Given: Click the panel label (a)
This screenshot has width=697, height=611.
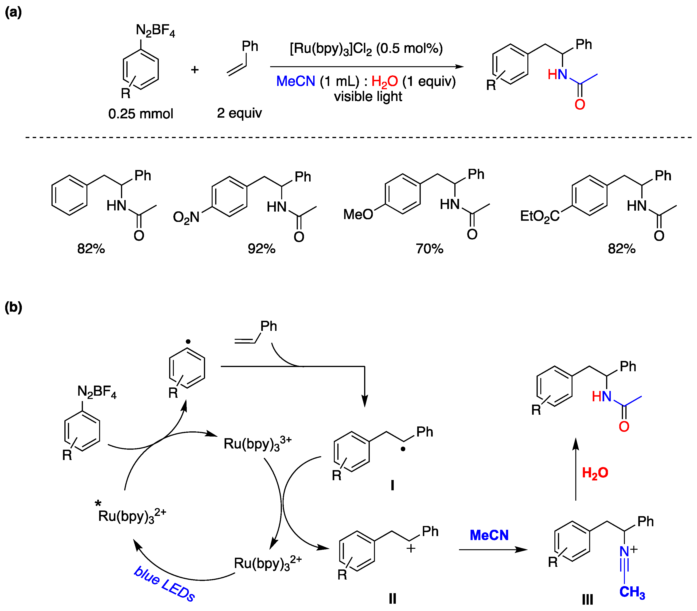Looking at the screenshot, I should (13, 13).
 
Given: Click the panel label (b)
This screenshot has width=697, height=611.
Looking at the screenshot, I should (13, 307).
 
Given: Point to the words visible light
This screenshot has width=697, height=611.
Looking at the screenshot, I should (368, 97).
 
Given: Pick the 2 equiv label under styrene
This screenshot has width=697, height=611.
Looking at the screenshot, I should (239, 113).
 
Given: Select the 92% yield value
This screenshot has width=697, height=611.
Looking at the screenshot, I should (261, 249).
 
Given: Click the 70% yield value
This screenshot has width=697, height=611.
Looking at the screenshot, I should (429, 249).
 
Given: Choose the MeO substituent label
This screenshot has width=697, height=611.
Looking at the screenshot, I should (358, 215).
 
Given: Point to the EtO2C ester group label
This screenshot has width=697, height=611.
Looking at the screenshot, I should (539, 216).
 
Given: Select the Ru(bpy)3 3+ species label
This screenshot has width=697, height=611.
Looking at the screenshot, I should (257, 444).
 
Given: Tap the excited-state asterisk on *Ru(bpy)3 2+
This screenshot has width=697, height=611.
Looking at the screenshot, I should (98, 503).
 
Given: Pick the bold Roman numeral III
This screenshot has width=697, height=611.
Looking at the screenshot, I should (588, 599).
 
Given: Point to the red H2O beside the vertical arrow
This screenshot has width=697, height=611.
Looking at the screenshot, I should (595, 473).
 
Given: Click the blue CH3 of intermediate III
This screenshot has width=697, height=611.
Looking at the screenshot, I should (632, 592).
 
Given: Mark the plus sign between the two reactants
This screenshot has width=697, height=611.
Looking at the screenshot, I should (195, 70).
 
